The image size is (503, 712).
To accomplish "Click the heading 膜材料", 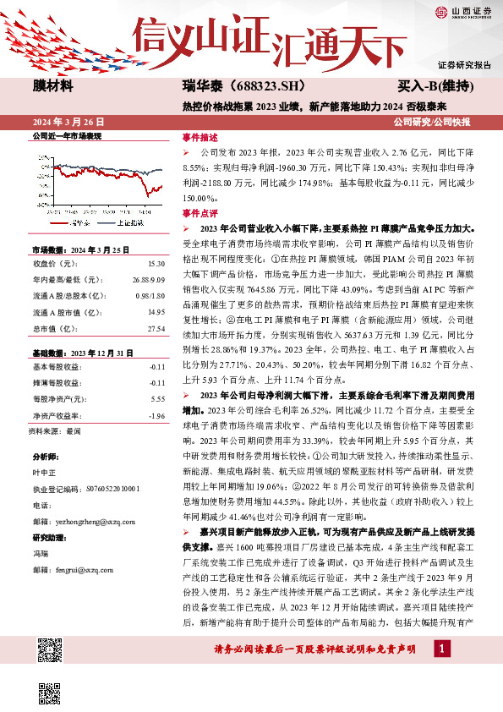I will click(53, 86).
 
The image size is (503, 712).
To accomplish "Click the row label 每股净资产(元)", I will click(59, 398).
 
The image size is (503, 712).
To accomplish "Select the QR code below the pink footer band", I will click(50, 695).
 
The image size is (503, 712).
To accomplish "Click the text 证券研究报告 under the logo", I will click(464, 65).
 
